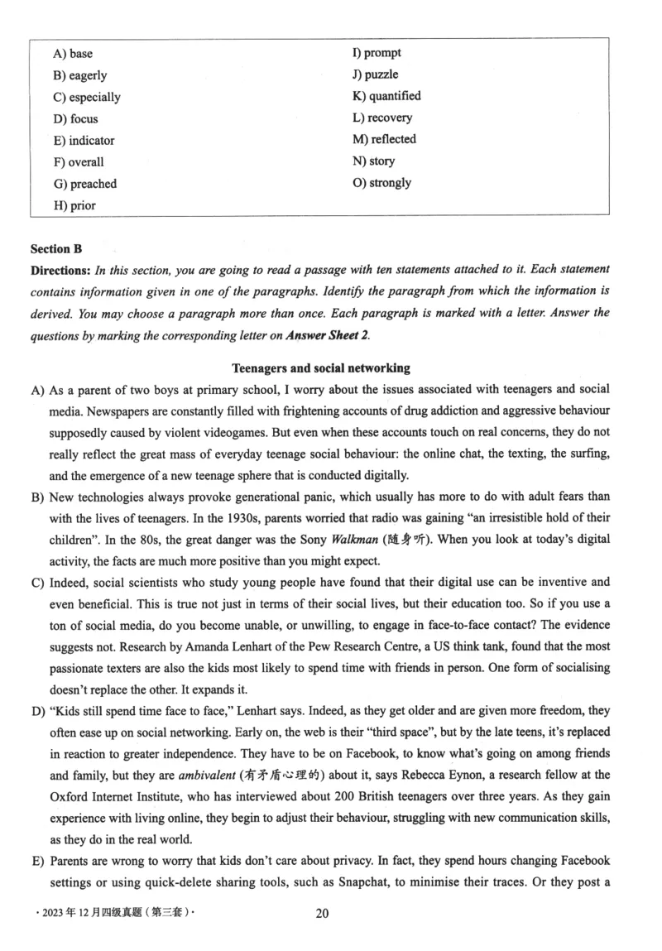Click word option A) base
(73, 54)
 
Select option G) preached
(84, 184)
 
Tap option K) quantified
(386, 96)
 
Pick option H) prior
(74, 205)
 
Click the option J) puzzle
(375, 74)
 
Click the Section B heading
(56, 248)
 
